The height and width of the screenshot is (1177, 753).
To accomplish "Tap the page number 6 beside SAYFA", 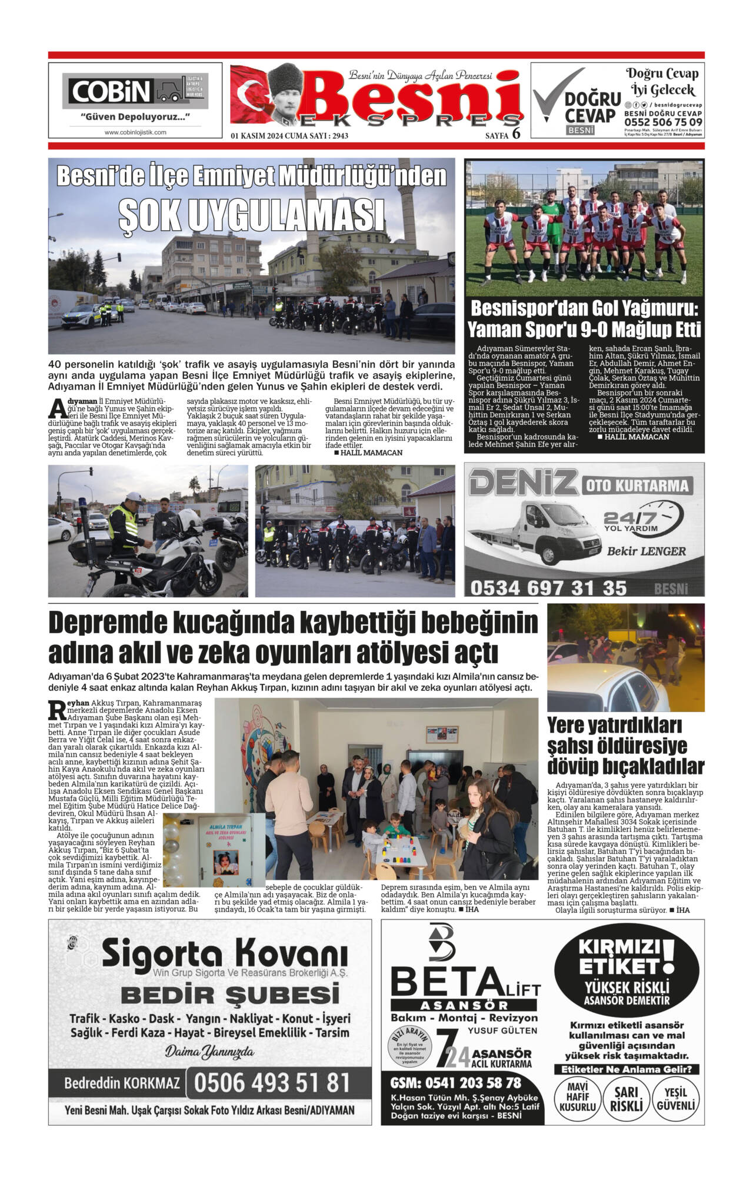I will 517,134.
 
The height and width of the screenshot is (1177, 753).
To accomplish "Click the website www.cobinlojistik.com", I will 135,132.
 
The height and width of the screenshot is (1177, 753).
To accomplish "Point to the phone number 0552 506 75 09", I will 663,122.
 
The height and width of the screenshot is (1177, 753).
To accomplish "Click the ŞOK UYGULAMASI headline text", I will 251,215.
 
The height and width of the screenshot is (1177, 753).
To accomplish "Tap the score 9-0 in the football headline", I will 608,329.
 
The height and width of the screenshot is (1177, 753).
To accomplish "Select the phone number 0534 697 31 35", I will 548,587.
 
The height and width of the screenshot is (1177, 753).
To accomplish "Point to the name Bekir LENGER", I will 646,551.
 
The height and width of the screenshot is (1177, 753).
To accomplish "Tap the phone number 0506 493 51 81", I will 272,1082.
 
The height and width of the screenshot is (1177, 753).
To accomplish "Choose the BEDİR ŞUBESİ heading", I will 230,995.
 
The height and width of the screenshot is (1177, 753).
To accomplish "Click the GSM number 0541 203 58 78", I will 456,1082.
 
